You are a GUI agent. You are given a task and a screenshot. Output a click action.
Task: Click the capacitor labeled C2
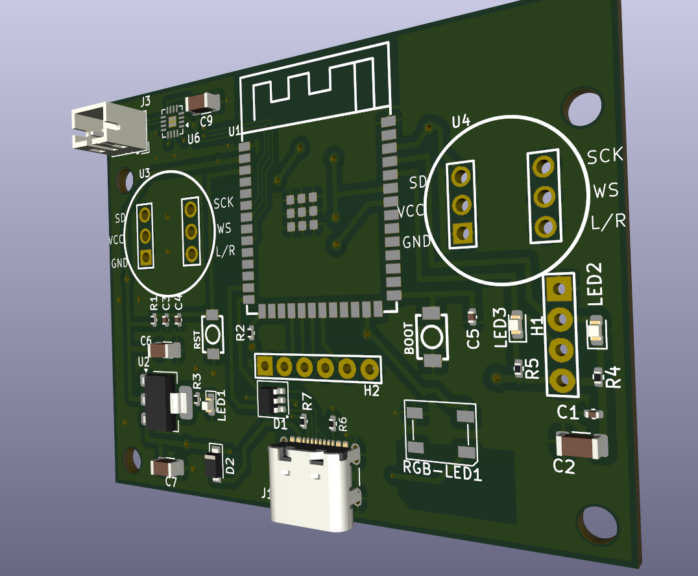pos(581,445)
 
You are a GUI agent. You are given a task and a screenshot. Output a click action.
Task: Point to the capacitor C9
pos(202,103)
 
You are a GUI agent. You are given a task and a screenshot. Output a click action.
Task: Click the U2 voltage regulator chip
pos(160,401)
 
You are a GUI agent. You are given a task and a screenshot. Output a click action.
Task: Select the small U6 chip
pos(173,121)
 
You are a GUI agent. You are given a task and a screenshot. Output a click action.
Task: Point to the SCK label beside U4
pos(605,155)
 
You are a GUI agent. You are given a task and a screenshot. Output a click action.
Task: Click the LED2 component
pos(595,331)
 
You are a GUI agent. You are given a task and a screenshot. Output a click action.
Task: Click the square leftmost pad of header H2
pos(264,366)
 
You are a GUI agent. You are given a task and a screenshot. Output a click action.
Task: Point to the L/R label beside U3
pos(225,252)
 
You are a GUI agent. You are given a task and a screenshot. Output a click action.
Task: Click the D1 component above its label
pos(271,399)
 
